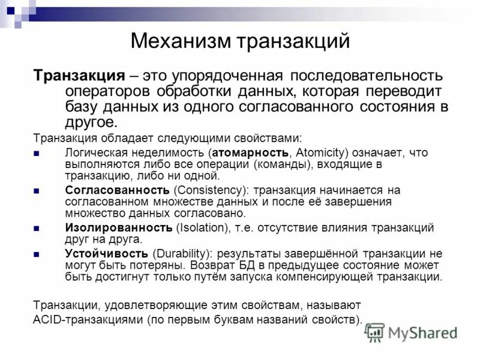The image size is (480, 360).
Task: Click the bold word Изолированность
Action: (119, 228)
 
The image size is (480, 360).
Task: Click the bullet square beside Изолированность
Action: (37, 229)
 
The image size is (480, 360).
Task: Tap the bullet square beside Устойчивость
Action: (37, 254)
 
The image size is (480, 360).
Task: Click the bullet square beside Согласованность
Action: (37, 191)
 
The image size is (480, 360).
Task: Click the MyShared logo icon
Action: (376, 332)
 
